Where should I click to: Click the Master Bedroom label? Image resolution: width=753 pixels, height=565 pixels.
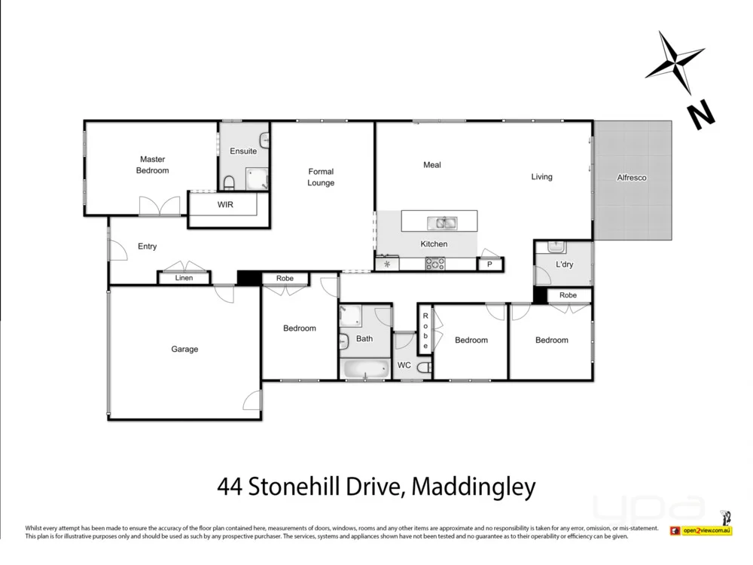coord(152,165)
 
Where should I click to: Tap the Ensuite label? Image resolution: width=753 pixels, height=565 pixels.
coord(243,151)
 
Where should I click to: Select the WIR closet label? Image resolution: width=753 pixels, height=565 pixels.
coord(225,205)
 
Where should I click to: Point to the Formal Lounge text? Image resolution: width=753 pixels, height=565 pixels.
coord(321,177)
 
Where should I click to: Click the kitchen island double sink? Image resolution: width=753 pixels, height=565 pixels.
coord(441,222)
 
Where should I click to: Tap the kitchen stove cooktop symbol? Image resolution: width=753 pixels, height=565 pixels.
coord(435,264)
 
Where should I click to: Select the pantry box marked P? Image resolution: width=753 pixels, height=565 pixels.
coord(489,264)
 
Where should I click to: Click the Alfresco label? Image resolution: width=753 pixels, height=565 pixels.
coord(632,178)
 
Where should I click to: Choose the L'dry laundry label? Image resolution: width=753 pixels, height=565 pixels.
coord(564,265)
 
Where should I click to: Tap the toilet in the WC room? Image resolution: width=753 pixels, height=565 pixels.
coord(424,367)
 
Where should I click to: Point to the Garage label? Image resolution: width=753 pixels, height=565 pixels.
coord(184,349)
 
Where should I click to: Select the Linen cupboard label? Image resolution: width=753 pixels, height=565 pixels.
coord(184,278)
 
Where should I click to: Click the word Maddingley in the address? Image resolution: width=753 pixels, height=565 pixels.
coord(474,487)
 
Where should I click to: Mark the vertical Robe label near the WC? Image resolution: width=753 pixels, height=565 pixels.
coord(425,330)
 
